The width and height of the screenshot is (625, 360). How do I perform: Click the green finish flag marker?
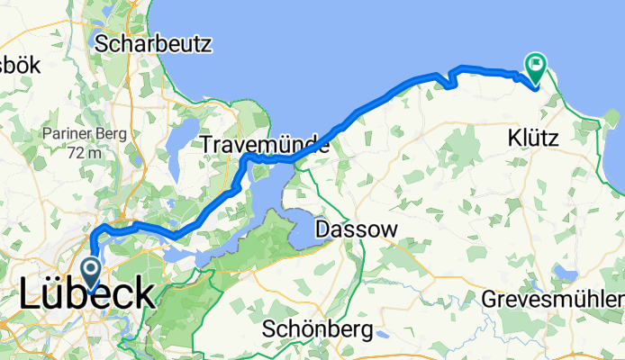click(536, 65)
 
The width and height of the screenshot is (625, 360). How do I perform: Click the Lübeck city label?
click(86, 295)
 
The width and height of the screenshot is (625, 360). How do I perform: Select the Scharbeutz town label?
click(152, 42)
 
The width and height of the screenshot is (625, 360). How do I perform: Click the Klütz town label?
click(532, 139)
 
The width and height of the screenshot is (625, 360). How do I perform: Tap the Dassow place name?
click(356, 230)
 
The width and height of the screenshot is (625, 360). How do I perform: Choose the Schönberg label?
click(317, 329)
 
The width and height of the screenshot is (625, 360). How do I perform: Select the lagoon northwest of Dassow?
click(297, 220)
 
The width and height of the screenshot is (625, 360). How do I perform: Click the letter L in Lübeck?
click(31, 295)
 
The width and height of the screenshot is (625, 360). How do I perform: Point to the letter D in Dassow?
click(322, 230)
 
